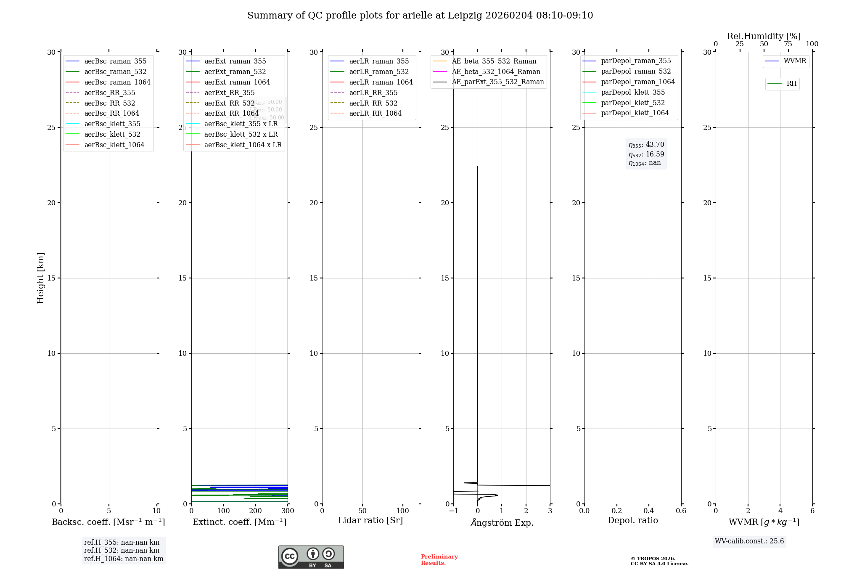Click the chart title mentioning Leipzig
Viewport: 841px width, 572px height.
[420, 16]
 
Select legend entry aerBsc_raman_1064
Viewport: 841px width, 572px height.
[117, 82]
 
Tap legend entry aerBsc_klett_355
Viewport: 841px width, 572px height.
[112, 124]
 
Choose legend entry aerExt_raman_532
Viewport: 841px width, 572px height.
[235, 71]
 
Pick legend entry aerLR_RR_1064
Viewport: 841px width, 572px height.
[375, 113]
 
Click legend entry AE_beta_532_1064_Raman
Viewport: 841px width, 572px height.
[496, 71]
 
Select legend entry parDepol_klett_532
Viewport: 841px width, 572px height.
[633, 103]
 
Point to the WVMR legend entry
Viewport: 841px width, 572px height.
[795, 61]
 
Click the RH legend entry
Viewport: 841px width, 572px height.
[791, 84]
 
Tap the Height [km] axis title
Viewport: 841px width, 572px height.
[40, 278]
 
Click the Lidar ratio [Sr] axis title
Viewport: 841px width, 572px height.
[370, 520]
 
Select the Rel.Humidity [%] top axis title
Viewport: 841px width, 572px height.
[764, 36]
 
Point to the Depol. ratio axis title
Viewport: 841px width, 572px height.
[632, 520]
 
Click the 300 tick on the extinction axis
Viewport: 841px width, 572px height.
[288, 511]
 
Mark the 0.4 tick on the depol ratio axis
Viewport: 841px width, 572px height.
[649, 511]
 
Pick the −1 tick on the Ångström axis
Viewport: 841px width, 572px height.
[453, 511]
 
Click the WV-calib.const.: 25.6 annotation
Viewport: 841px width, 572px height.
[749, 541]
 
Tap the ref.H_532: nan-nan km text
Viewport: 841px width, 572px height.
[122, 550]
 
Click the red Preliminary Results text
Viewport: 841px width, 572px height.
[439, 560]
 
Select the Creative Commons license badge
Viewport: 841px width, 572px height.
[311, 557]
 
